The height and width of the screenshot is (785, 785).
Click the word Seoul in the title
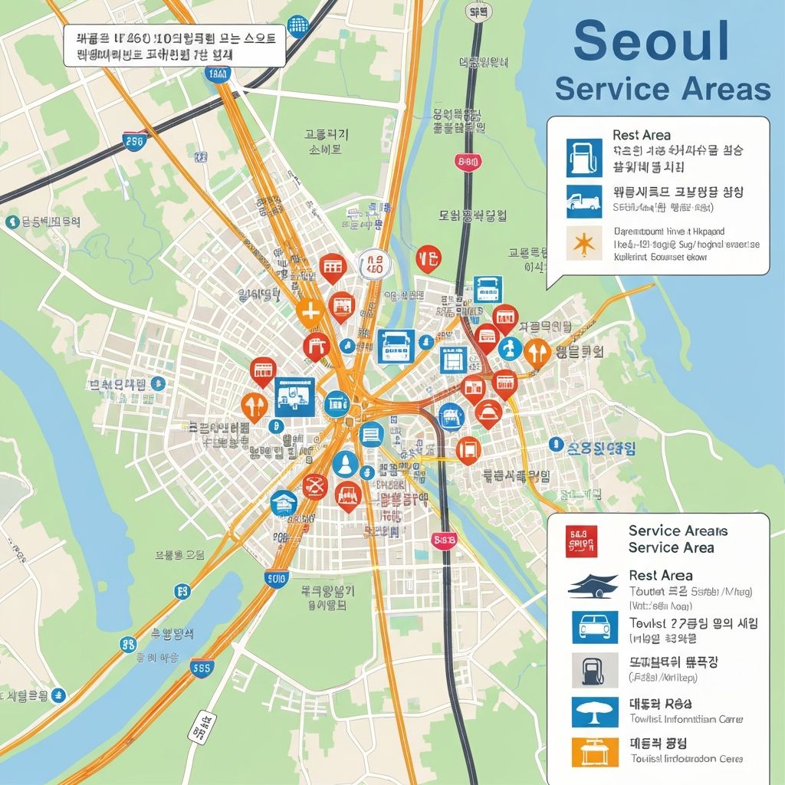652,42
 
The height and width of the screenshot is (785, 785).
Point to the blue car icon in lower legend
594,627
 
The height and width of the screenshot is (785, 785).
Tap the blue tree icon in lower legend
594,711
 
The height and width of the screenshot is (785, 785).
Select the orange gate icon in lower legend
594,751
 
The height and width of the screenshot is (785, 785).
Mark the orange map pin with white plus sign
309,312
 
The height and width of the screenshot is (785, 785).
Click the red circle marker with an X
314,485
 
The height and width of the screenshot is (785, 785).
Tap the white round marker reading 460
375,264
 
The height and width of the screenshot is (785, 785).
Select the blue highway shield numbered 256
134,141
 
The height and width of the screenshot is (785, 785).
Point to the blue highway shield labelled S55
202,668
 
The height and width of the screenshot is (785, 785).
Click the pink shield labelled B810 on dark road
467,162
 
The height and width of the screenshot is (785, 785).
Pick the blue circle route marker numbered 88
129,645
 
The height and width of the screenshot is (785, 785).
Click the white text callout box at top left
174,45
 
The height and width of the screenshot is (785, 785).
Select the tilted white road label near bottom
201,727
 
